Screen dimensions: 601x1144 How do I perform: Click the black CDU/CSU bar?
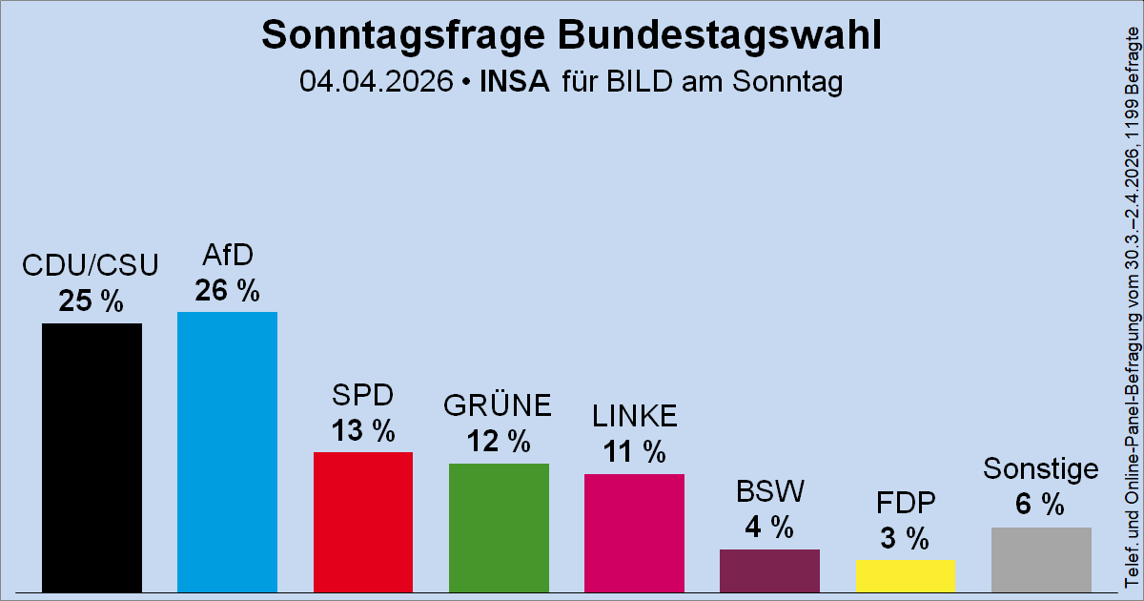92,457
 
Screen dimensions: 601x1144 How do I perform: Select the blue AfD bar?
227,451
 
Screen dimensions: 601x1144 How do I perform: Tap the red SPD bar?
362,521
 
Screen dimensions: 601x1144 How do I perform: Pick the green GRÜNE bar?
499,527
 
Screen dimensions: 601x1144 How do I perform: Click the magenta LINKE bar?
634,532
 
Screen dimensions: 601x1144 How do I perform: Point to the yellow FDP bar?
905,575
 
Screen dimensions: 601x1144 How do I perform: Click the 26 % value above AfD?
227,290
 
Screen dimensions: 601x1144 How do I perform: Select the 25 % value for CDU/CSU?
92,301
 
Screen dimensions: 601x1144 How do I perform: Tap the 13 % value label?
362,430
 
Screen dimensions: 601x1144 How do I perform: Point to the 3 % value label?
905,539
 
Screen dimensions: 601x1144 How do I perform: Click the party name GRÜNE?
499,405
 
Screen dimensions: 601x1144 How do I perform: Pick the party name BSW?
770,491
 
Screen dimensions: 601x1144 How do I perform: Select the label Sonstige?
1041,469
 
